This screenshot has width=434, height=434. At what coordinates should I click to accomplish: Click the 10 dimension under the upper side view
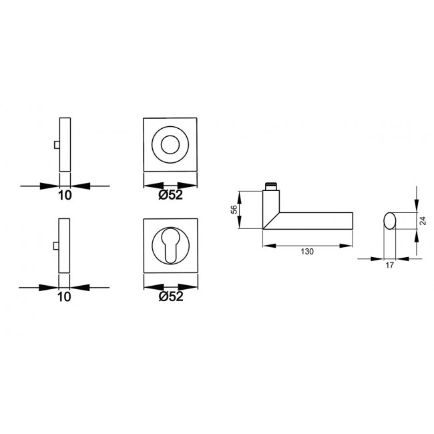click(64, 196)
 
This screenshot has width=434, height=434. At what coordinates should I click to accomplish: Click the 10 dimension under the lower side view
click(64, 297)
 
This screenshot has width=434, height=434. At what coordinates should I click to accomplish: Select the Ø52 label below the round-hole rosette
click(172, 196)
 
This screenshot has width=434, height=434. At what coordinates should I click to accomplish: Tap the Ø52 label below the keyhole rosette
click(172, 298)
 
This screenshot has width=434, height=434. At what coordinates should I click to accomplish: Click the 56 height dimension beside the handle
click(234, 210)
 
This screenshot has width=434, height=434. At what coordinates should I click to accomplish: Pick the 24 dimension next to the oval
click(422, 220)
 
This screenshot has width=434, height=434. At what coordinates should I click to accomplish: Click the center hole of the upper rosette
click(172, 143)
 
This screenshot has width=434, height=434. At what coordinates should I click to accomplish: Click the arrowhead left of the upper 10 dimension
click(53, 185)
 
